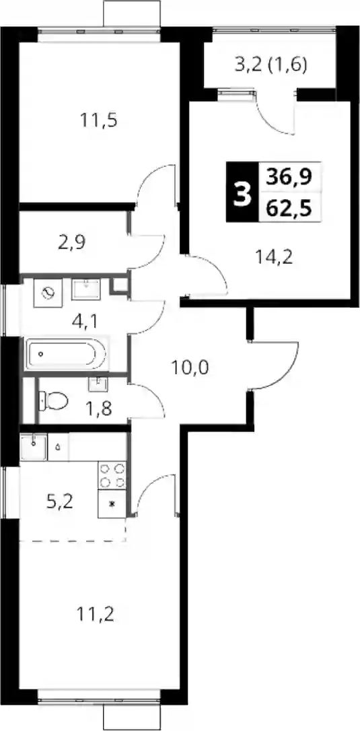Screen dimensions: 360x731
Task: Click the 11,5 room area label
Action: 98,120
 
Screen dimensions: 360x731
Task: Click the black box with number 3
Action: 241,192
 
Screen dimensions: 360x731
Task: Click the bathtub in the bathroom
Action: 66,355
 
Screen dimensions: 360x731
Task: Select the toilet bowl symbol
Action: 52,400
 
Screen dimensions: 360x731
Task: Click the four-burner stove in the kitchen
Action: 112,475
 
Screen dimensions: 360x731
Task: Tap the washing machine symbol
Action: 48,292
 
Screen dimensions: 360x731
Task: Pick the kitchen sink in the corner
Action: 34,447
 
